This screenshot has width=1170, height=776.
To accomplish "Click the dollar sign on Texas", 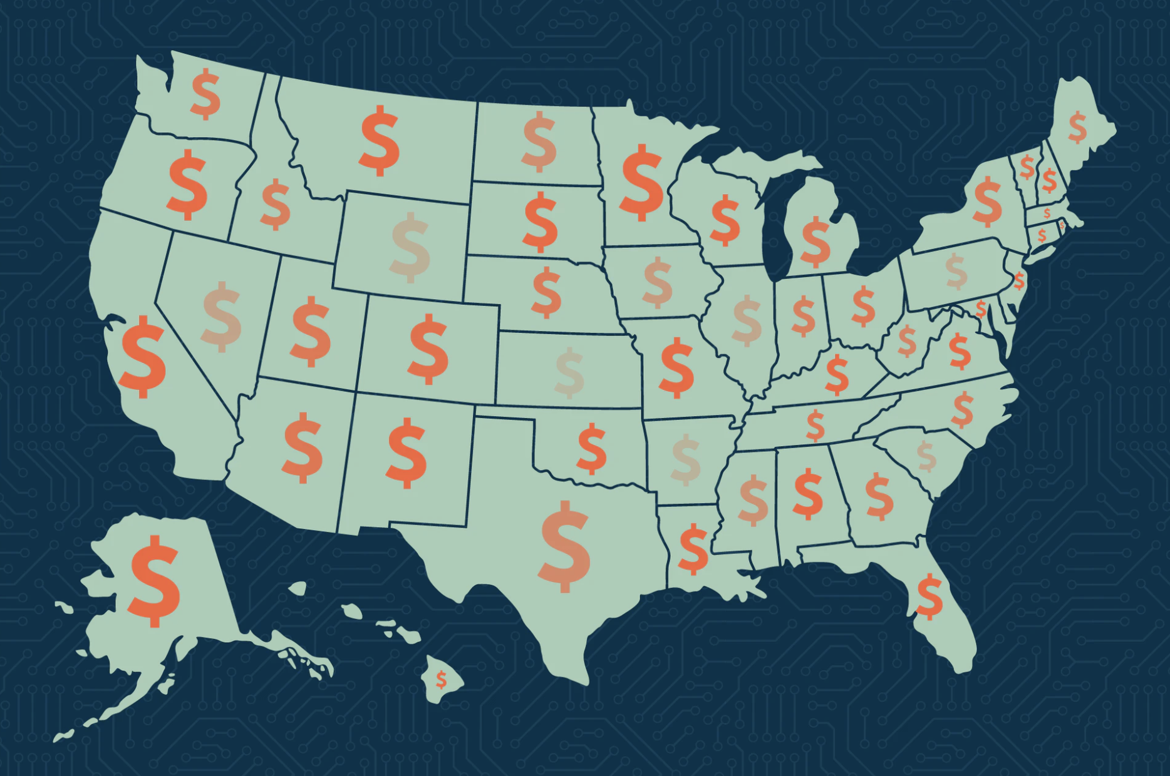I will pyautogui.click(x=564, y=546).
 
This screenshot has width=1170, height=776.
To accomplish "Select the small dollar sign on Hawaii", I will pyautogui.click(x=442, y=679).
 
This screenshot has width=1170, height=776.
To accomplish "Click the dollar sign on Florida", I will pyautogui.click(x=929, y=597).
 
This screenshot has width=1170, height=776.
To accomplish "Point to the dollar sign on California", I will pyautogui.click(x=143, y=357).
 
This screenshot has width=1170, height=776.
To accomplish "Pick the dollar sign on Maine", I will pyautogui.click(x=1077, y=127).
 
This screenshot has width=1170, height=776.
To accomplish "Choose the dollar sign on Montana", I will pyautogui.click(x=380, y=141).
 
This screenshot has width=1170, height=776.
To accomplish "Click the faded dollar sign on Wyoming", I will pyautogui.click(x=410, y=247).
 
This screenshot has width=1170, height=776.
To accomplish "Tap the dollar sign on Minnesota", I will pyautogui.click(x=641, y=182).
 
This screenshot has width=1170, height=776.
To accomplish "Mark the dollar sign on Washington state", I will pyautogui.click(x=206, y=94).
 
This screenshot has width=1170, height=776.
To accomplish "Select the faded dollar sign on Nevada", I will pyautogui.click(x=222, y=317).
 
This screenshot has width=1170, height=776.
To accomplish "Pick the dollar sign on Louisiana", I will pyautogui.click(x=693, y=549).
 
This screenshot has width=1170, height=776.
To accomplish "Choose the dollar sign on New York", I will pyautogui.click(x=988, y=201).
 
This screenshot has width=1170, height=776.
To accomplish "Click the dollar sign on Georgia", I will pyautogui.click(x=879, y=497).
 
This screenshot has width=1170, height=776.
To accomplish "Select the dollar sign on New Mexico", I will pyautogui.click(x=407, y=453).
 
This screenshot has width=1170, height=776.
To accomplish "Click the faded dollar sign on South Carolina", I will pyautogui.click(x=926, y=456).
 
